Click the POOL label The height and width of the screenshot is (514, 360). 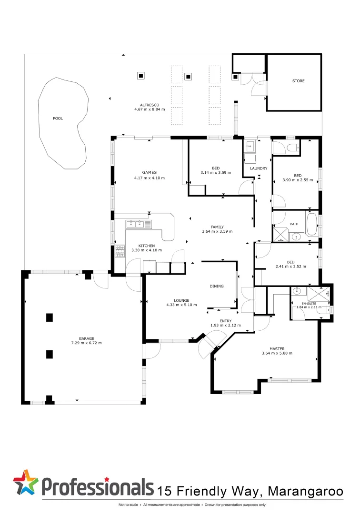58,119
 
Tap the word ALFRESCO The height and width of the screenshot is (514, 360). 150,105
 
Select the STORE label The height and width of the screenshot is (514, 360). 298,81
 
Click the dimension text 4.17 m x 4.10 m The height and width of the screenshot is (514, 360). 150,178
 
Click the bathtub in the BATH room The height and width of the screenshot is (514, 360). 312,225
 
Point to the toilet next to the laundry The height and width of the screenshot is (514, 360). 293,147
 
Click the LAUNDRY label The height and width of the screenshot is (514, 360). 259,168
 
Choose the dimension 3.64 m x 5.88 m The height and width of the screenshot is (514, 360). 277,353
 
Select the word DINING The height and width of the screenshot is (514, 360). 217,286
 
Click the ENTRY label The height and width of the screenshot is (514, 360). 226,321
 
